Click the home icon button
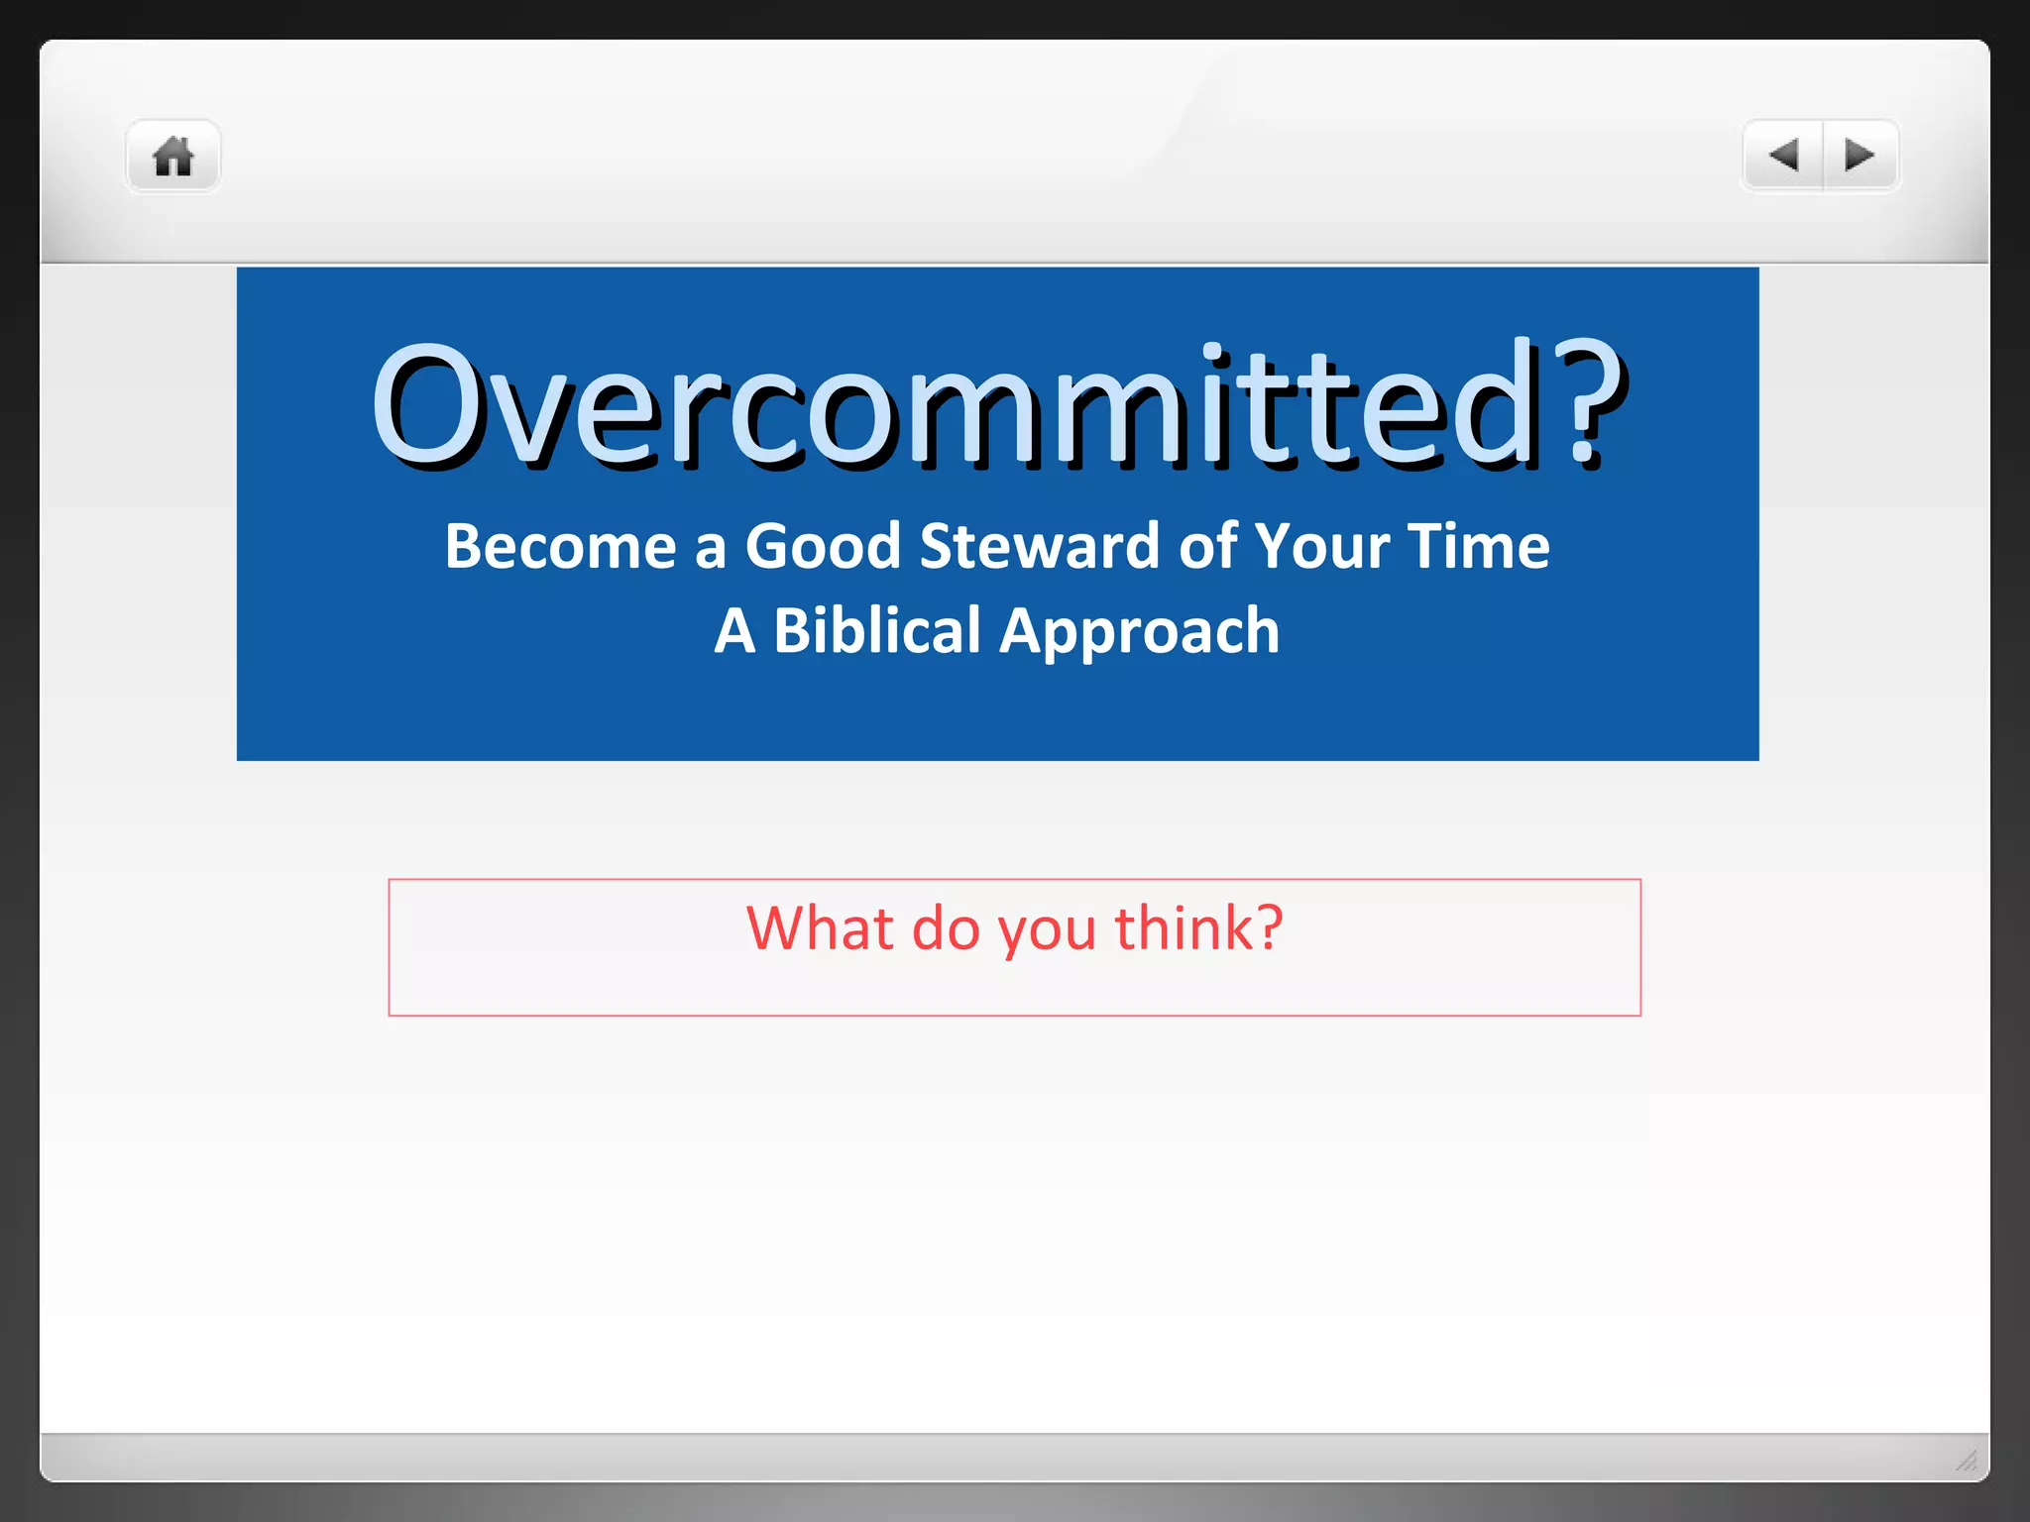coord(172,157)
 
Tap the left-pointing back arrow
coord(1783,156)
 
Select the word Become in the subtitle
coord(561,546)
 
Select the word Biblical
coord(876,631)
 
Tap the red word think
coord(1184,928)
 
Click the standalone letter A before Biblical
coord(734,631)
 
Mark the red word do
coord(946,928)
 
